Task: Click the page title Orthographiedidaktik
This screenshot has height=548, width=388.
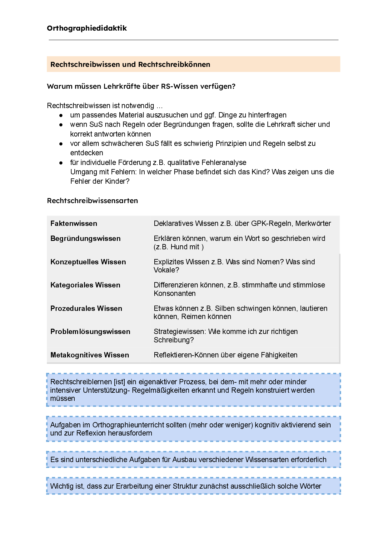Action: (x=87, y=28)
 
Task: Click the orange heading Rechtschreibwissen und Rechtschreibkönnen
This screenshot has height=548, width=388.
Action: (x=130, y=64)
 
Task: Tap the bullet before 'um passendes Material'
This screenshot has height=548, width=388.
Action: (x=62, y=115)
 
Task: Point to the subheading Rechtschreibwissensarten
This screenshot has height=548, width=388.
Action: (x=92, y=201)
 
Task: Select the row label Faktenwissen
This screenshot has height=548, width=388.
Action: (x=74, y=223)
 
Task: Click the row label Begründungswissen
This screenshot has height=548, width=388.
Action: (x=85, y=238)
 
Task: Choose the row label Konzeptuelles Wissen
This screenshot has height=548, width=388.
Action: (x=88, y=262)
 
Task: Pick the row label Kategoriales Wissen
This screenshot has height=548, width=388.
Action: (x=85, y=285)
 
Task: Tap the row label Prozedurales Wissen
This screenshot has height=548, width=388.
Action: (x=86, y=308)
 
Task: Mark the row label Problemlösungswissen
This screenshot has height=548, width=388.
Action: (x=90, y=331)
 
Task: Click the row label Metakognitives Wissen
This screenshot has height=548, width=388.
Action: (x=89, y=355)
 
